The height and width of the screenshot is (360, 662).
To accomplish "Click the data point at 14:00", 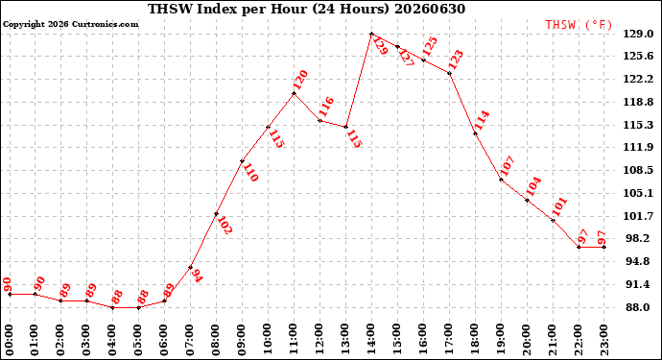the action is click(x=371, y=34).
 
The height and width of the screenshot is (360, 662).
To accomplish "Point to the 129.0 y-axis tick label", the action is click(x=638, y=34).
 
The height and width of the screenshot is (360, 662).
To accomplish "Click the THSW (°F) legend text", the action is click(x=579, y=25).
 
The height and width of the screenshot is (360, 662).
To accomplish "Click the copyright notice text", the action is click(x=70, y=24).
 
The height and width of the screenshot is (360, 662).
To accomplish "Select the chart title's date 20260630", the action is click(x=430, y=9).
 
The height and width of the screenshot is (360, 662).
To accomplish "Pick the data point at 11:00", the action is click(x=294, y=93).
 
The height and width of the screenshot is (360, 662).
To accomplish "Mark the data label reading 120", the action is click(x=300, y=81).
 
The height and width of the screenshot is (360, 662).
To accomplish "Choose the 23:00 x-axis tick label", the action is click(x=604, y=339).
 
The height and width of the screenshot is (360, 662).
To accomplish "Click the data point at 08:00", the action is click(x=216, y=214).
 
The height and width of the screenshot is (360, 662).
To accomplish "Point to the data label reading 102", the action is click(x=225, y=226).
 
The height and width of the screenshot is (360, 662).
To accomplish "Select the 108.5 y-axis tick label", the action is click(x=638, y=170).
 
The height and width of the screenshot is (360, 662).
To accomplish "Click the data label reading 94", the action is click(x=197, y=276).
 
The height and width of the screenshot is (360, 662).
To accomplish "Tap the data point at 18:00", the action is click(x=475, y=133).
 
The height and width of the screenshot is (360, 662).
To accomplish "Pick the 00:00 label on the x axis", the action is click(x=10, y=339).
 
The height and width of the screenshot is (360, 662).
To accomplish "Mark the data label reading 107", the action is click(x=508, y=166).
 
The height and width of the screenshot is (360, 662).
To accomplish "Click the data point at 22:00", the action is click(x=579, y=247).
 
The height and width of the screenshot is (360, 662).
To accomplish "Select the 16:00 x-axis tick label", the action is click(x=423, y=339).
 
